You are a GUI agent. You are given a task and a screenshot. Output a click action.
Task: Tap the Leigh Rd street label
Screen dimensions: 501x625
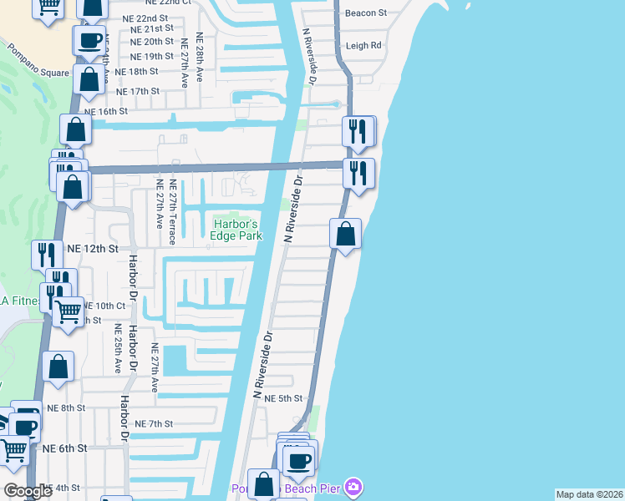click(364, 45)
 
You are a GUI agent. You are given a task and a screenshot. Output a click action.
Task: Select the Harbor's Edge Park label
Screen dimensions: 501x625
click(237, 230)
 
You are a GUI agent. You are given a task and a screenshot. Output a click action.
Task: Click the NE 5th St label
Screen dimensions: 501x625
click(282, 399)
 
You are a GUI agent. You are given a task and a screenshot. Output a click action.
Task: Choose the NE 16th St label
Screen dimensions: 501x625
click(106, 110)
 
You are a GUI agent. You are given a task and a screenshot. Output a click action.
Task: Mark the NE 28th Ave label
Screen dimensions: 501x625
click(200, 57)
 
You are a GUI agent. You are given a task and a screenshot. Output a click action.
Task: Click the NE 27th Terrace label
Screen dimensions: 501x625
click(172, 212)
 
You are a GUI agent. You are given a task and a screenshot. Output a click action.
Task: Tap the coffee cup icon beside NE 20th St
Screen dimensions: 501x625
click(89, 39)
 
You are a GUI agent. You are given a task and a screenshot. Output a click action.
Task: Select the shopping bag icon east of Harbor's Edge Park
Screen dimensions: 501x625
click(345, 234)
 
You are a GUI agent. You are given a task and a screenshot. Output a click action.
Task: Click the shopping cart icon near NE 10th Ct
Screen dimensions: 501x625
click(69, 311)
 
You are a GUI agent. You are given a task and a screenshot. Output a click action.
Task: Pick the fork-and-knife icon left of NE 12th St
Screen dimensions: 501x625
click(47, 253)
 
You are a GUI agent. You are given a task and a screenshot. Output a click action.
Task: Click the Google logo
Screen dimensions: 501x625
click(28, 492)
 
